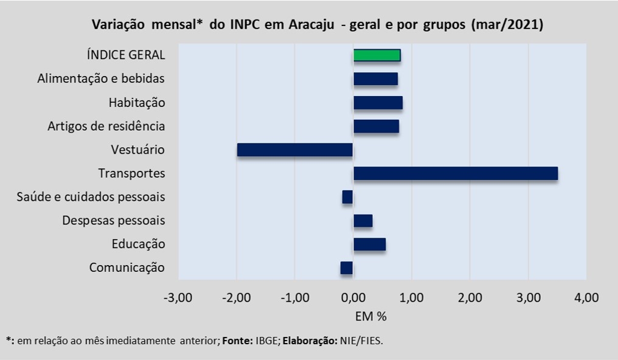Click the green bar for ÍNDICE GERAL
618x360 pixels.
pyautogui.click(x=377, y=55)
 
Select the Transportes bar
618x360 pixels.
pyautogui.click(x=456, y=173)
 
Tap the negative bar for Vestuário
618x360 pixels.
pyautogui.click(x=295, y=150)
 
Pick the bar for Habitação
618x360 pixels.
pyautogui.click(x=378, y=102)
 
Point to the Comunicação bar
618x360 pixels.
pyautogui.click(x=347, y=268)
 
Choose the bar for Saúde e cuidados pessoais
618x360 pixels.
pyautogui.click(x=347, y=197)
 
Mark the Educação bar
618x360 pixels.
pyautogui.click(x=369, y=244)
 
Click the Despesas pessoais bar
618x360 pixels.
pyautogui.click(x=363, y=221)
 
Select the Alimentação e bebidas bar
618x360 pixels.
pyautogui.click(x=376, y=79)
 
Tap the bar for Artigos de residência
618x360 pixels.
pyautogui.click(x=376, y=126)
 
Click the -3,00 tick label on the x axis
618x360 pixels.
pyautogui.click(x=178, y=297)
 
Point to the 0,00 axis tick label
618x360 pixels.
pyautogui.click(x=353, y=297)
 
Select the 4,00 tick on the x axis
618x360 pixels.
pyautogui.click(x=586, y=297)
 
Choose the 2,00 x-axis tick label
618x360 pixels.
pyautogui.click(x=470, y=297)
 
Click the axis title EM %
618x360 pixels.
pyautogui.click(x=371, y=316)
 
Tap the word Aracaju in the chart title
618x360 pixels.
pyautogui.click(x=311, y=25)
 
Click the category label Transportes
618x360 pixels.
pyautogui.click(x=131, y=173)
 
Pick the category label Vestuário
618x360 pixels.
pyautogui.click(x=137, y=150)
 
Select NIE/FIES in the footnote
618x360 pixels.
pyautogui.click(x=361, y=341)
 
